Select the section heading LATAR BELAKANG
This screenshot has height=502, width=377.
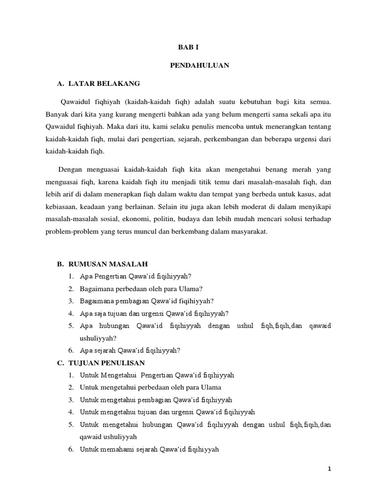point(104,84)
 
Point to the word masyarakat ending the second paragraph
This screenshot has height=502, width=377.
point(248,232)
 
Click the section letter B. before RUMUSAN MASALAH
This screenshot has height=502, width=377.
point(61,264)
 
